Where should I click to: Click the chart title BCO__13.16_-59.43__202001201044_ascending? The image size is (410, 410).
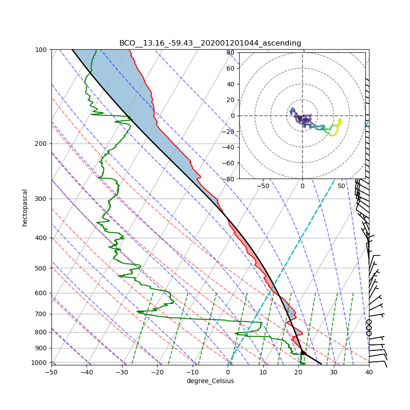coord(210,43)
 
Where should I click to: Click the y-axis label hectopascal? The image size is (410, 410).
coord(25,207)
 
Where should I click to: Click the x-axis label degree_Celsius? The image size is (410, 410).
coord(210,381)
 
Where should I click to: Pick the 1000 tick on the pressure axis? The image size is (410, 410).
coord(42,362)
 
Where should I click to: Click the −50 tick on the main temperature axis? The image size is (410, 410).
coord(51,372)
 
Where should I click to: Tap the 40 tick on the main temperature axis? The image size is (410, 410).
coord(369,372)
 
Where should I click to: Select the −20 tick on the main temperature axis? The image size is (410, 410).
coord(157,372)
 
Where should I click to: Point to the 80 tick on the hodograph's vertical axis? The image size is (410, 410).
coord(231,52)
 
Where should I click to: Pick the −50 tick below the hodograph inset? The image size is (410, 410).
coord(263,186)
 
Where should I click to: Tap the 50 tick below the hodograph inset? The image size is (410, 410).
coord(341,186)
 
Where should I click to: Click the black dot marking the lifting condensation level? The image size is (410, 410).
coord(302,353)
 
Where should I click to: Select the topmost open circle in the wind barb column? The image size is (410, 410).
coord(369,322)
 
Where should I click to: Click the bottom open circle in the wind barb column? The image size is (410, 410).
coord(369,333)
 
